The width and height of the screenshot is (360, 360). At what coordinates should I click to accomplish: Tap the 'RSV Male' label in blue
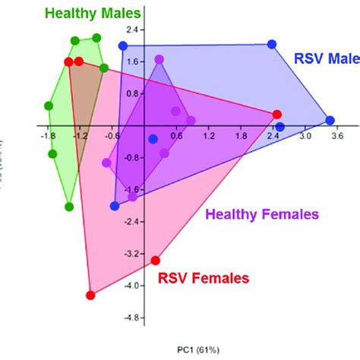coord(326,58)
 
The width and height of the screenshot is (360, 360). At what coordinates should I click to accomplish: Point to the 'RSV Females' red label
coord(203,279)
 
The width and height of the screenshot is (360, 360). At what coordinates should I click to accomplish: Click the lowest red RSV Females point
coord(91,295)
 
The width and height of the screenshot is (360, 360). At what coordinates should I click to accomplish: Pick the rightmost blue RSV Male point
coord(330,120)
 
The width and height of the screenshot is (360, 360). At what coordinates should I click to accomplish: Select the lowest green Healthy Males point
coord(69,206)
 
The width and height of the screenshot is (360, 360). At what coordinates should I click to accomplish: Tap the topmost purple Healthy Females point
coord(159,59)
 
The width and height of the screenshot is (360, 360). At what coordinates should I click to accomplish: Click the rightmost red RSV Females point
coord(277,114)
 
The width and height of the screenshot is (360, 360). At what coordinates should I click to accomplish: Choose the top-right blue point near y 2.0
coord(273,46)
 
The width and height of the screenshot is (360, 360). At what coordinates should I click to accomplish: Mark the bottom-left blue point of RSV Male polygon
coord(115,205)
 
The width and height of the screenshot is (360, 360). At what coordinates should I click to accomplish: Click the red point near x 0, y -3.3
coord(156,260)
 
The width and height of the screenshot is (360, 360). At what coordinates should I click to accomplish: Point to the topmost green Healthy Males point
coord(96,38)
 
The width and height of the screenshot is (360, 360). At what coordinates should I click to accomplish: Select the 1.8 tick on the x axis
coord(242,136)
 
